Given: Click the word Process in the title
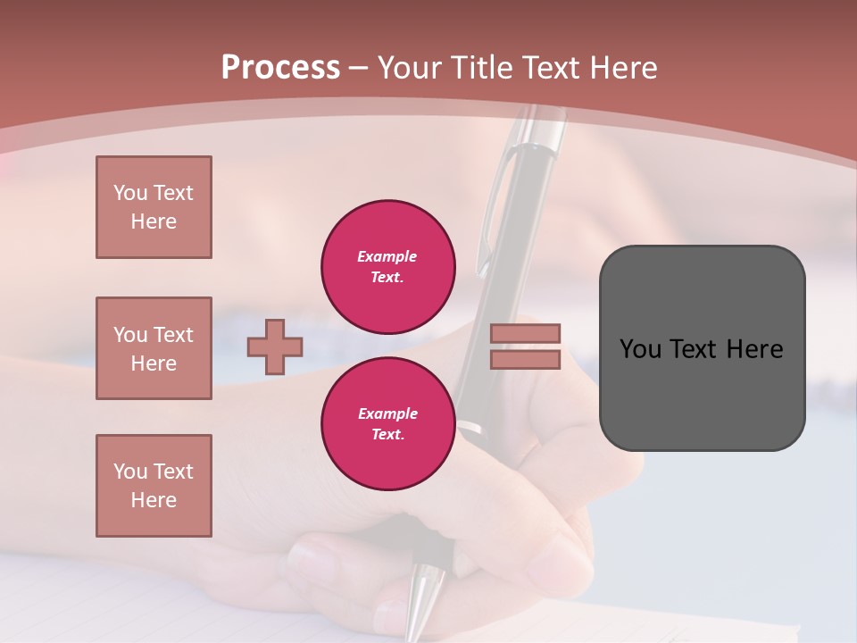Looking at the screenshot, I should tap(280, 67).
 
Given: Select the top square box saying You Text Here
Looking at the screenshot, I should tap(154, 207).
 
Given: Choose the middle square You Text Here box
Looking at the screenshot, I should tap(154, 348).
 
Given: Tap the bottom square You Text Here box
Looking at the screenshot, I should tap(154, 486).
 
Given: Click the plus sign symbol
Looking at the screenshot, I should tap(275, 347).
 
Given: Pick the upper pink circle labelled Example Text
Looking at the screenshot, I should tap(388, 267).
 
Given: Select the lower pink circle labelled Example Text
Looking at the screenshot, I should tap(388, 424).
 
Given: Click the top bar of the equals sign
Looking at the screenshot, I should tap(526, 333).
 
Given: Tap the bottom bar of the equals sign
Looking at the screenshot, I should tap(526, 359).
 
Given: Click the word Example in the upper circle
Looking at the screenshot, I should tap(387, 256).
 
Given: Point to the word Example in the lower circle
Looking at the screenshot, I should tap(387, 413).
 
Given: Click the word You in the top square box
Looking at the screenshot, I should tap(130, 193).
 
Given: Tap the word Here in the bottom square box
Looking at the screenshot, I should tap(154, 500).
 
